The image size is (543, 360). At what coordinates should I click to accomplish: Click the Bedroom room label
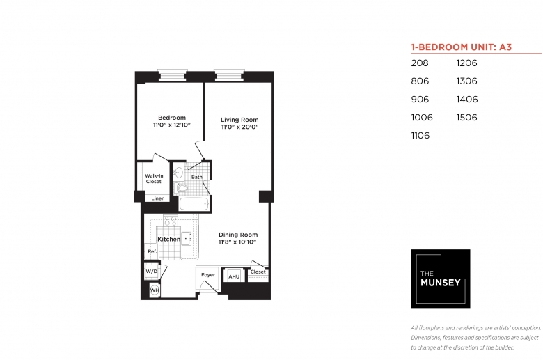click(x=172, y=118)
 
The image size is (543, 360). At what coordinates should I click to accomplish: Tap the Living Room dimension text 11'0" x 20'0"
click(x=239, y=127)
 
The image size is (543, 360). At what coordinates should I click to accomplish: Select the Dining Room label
click(x=238, y=235)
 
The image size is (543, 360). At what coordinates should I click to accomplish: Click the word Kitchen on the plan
click(x=168, y=239)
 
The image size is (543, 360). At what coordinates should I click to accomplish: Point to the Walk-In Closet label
click(x=154, y=178)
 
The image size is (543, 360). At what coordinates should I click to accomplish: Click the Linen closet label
click(x=158, y=198)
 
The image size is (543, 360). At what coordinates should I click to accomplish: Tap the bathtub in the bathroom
click(x=194, y=204)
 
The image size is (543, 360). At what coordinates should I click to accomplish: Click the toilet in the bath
click(x=182, y=188)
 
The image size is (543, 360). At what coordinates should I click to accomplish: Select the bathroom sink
click(x=178, y=172)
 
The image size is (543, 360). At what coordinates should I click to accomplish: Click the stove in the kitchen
click(x=171, y=220)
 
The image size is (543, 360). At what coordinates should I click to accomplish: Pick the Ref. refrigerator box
click(x=151, y=251)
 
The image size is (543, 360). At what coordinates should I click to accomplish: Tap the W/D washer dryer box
click(x=151, y=272)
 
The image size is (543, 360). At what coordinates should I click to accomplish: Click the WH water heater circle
click(x=155, y=290)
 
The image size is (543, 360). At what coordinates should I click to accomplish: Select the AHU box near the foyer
click(x=234, y=276)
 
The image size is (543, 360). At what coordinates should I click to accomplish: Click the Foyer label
click(x=208, y=275)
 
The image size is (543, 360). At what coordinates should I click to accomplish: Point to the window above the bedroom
click(x=173, y=75)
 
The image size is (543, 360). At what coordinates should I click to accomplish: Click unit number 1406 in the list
click(x=467, y=100)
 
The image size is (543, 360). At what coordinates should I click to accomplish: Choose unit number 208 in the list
click(x=420, y=63)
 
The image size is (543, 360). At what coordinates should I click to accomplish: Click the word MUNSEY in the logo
click(x=440, y=283)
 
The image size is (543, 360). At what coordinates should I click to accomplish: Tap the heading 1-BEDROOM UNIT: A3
click(x=461, y=47)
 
